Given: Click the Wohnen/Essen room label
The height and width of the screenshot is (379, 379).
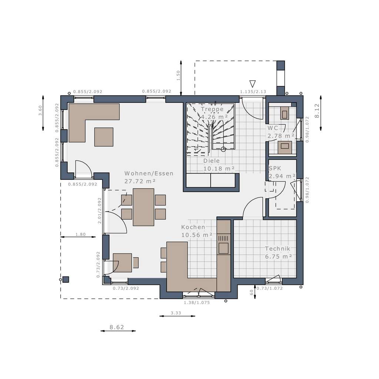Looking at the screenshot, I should pos(149,173).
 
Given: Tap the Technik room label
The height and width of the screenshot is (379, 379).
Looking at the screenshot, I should pos(278,249).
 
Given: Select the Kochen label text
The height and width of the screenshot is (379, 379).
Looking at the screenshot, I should pos(193,227).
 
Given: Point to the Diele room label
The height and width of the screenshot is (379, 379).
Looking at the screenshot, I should pos(211,161).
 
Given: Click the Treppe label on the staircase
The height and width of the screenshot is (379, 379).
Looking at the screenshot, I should pos(212,109).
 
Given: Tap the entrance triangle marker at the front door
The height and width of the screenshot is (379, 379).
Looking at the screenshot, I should pos(253,84).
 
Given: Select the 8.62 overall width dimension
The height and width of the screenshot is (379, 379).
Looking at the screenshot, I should pos(117,327).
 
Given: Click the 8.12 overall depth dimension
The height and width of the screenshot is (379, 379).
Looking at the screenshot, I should pos(317,111).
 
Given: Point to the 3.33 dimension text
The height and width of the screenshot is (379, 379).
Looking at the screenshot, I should pos(176,313).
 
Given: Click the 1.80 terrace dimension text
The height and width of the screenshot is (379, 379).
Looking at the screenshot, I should pos(80,234).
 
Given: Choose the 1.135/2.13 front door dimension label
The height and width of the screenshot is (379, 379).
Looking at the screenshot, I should pos(253,91).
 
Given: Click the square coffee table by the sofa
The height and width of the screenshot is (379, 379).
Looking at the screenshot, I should pos(104,137).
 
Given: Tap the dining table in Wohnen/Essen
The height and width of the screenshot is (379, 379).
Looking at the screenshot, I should pos(144,207).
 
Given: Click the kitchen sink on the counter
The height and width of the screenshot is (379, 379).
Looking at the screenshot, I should pos(224,248).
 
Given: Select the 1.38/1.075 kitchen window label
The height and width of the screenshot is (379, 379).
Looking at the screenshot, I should pos(199,302).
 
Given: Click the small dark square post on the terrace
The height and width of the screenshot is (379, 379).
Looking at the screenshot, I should pos(66,279).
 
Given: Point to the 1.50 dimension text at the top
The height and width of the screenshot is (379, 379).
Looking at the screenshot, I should pos(178,76).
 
